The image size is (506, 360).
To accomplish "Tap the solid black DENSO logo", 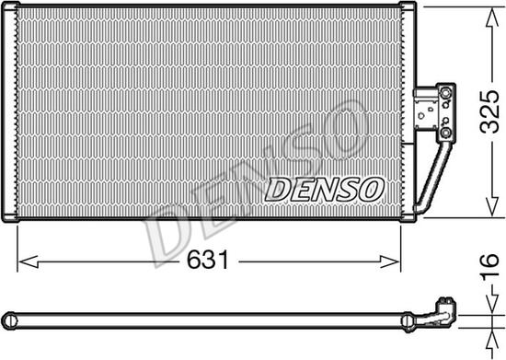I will pos(323,188).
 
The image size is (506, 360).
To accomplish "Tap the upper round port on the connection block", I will pos(447,93).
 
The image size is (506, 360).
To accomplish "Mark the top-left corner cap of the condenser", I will pos(12,8).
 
